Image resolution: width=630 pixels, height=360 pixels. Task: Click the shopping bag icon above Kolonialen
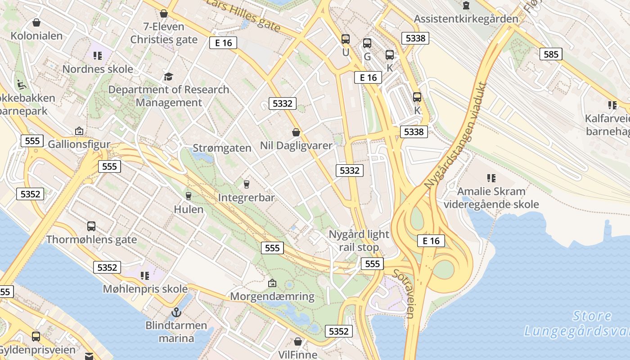click(36, 22)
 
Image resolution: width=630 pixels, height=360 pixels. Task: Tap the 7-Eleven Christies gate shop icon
click(164, 13)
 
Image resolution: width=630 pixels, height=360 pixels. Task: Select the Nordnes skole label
click(98, 69)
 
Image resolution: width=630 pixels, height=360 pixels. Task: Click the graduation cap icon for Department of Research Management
click(168, 76)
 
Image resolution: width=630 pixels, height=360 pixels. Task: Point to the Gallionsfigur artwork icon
click(79, 131)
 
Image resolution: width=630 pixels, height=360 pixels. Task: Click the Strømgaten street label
click(222, 148)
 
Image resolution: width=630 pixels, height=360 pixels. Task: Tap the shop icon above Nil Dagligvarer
click(296, 132)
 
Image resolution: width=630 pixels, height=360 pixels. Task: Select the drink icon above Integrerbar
click(246, 184)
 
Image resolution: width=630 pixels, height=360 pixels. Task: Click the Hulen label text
click(189, 209)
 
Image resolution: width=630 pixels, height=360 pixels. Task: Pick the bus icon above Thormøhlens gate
click(91, 226)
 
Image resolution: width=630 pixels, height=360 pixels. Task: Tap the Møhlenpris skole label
click(145, 289)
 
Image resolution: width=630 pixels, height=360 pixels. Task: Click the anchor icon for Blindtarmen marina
click(176, 311)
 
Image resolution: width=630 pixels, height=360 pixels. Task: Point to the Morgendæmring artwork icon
click(272, 283)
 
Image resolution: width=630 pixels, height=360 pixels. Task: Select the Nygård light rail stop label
click(359, 241)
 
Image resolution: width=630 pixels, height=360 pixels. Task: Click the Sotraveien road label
click(404, 293)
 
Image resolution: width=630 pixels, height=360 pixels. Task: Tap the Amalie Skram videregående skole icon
click(491, 178)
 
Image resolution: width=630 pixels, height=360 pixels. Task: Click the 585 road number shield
click(551, 54)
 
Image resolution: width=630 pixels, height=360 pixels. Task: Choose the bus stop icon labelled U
click(346, 39)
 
